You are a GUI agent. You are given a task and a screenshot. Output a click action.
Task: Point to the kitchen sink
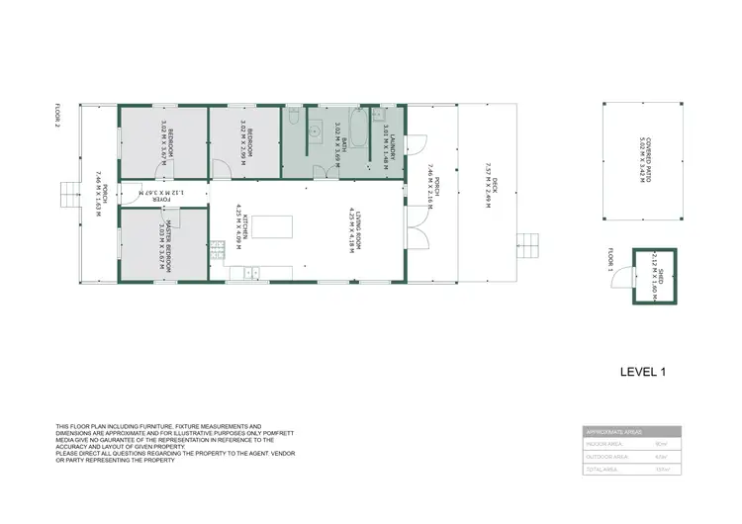tap(247, 273)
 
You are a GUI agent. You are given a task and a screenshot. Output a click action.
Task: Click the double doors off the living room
tap(418, 237)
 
